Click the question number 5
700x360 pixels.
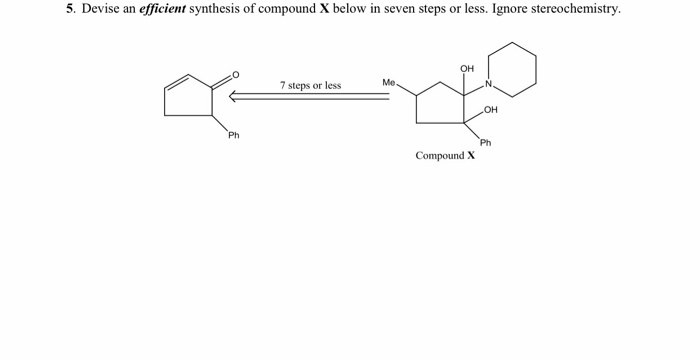click(69, 9)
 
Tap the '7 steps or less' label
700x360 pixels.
click(310, 85)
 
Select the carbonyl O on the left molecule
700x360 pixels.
click(236, 75)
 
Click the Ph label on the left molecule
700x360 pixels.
click(233, 135)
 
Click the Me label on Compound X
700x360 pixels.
click(389, 82)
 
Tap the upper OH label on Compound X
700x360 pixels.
click(467, 68)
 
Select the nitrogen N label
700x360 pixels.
click(489, 82)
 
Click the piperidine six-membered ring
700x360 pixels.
click(512, 68)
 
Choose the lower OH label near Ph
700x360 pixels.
click(490, 110)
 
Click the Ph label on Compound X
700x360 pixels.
click(485, 143)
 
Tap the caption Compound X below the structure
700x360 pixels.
click(445, 156)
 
